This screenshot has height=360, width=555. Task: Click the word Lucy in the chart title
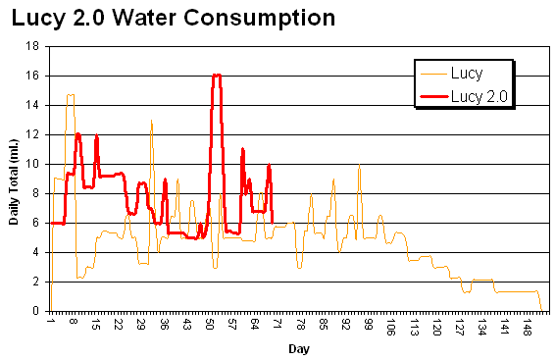click(40, 18)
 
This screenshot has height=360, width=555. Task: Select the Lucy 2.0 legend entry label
click(481, 95)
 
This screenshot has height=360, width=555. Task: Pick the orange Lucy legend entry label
click(467, 73)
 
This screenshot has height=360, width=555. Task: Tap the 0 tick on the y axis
click(37, 311)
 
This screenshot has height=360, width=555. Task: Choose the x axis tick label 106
click(391, 327)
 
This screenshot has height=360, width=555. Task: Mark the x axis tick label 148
click(528, 327)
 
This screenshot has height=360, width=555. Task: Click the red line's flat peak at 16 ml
click(217, 76)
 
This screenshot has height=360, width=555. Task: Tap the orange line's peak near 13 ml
click(151, 120)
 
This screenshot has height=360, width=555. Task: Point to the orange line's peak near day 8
click(70, 95)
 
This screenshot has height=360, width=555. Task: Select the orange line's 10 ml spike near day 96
click(359, 165)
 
